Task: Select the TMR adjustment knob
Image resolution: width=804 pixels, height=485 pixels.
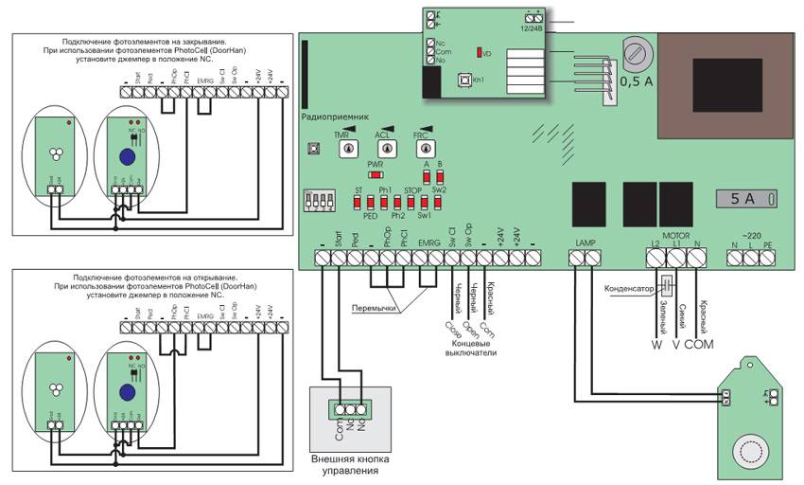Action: pyautogui.click(x=347, y=150)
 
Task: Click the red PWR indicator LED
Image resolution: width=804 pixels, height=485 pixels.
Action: pyautogui.click(x=376, y=175)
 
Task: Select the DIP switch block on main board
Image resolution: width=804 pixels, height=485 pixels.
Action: pyautogui.click(x=317, y=202)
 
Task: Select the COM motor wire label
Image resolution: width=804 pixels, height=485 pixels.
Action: pyautogui.click(x=700, y=345)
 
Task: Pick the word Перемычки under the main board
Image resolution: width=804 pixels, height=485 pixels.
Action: pyautogui.click(x=373, y=308)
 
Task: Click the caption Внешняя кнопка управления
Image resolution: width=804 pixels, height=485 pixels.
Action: pyautogui.click(x=352, y=464)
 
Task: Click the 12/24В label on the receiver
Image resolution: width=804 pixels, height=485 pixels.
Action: pyautogui.click(x=537, y=27)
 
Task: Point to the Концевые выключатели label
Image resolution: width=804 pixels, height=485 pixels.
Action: pyautogui.click(x=470, y=348)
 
